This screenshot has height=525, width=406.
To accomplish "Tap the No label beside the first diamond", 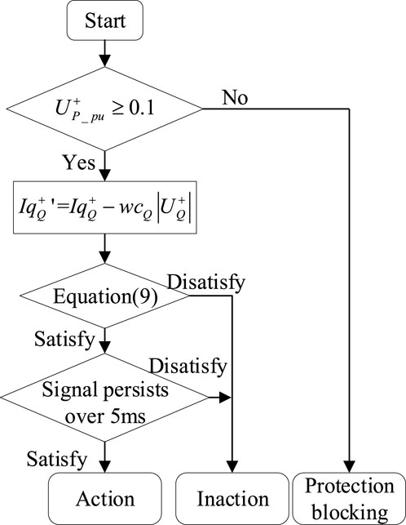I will (234, 98).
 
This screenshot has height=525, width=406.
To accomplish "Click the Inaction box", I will (234, 498).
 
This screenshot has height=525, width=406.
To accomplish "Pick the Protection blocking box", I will (350, 498).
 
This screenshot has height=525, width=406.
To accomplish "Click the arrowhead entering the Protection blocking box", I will (350, 468).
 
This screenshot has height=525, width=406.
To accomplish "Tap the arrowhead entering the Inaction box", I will (234, 468).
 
